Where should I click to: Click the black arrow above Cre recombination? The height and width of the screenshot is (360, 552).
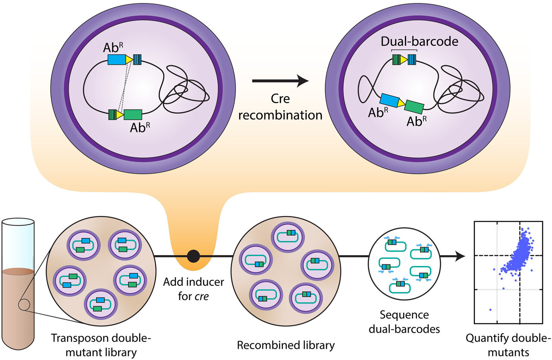tap(280, 81)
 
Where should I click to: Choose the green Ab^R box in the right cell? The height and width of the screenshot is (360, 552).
tap(414, 106)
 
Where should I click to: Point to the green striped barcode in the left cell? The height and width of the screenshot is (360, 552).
tap(113, 114)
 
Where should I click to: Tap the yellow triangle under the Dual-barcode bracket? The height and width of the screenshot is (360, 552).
tap(404, 59)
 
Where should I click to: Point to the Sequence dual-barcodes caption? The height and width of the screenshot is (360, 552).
tap(404, 322)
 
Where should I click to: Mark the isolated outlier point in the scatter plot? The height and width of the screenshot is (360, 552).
tap(490, 309)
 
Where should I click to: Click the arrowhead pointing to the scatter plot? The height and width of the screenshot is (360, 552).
tap(461, 256)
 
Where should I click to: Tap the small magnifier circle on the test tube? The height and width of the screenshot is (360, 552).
tap(24, 306)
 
